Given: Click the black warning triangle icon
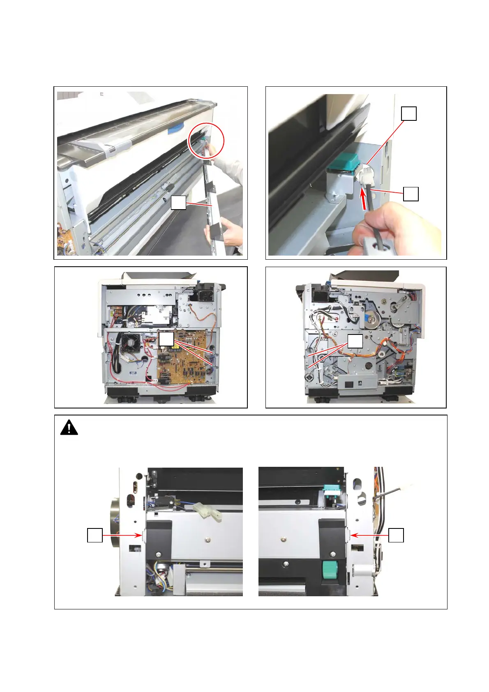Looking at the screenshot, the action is click(x=69, y=427).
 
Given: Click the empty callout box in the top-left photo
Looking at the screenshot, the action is click(x=178, y=203).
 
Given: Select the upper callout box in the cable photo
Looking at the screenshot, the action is click(x=409, y=113).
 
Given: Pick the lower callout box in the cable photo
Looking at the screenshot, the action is click(x=411, y=194).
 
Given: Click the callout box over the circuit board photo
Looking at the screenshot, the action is click(x=166, y=339).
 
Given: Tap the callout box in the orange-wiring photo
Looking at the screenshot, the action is click(x=355, y=341).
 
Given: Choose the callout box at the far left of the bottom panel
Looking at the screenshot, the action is click(x=95, y=535).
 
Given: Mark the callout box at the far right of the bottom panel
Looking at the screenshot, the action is click(x=396, y=535).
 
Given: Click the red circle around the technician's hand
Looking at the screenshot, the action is click(x=206, y=141).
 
